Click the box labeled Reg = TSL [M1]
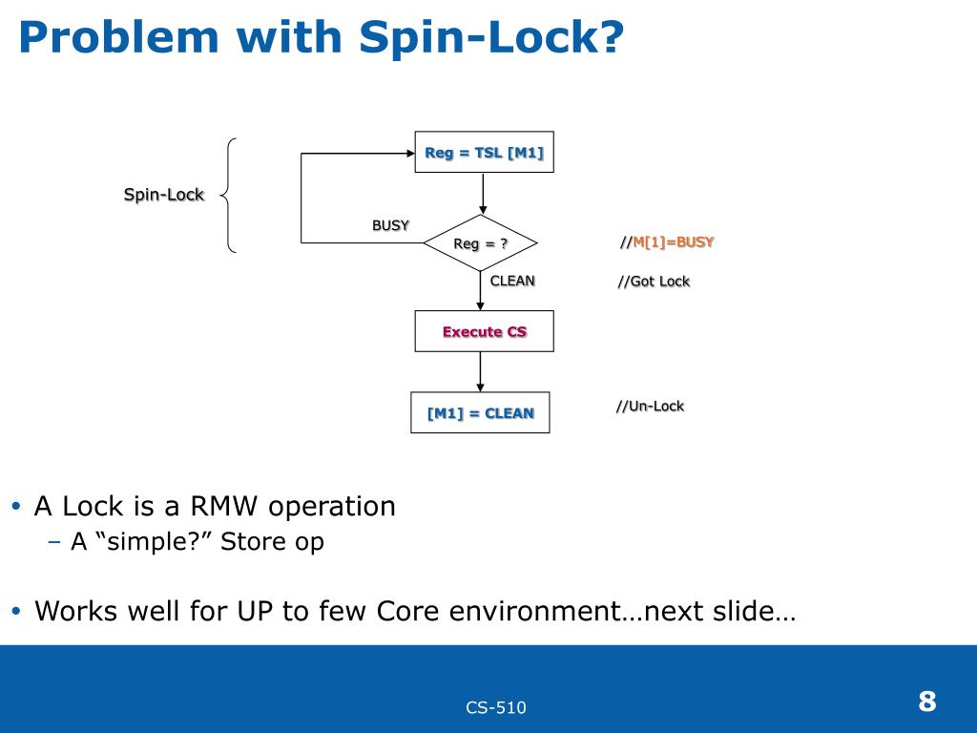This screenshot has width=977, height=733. point(484,152)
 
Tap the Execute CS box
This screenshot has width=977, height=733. point(484,331)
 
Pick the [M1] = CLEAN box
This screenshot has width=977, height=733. point(480,412)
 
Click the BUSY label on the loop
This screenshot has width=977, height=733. point(390,225)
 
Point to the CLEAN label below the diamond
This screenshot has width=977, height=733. point(512,282)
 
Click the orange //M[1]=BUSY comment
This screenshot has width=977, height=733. point(667,241)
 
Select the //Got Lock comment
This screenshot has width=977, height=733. point(654,282)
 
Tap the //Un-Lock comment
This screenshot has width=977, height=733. point(650,407)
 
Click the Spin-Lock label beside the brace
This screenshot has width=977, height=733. point(164,195)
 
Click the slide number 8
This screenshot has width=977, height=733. point(927,702)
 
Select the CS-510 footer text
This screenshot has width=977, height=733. point(496,707)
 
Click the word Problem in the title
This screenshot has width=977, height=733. point(119,37)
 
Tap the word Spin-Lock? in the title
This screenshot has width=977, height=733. point(491,37)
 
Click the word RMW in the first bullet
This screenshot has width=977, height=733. point(223,506)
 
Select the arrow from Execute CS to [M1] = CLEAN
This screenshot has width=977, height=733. point(480,372)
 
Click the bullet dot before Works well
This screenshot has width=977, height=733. point(16,611)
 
